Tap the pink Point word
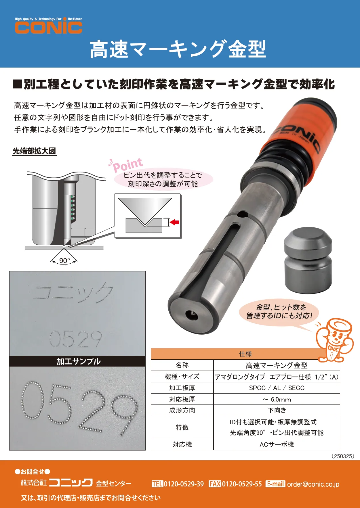tap(127, 165)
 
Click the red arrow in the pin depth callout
tap(174, 222)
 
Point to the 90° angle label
tap(64, 260)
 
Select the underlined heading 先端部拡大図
tap(34, 151)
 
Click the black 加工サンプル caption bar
tap(77, 361)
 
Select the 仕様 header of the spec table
tap(245, 354)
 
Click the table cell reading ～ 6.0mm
tap(277, 399)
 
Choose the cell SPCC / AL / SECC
tap(277, 388)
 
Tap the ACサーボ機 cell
tap(277, 444)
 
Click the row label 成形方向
tap(182, 410)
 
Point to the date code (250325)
tap(343, 456)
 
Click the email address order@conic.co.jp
tap(313, 484)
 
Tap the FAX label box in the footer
tap(215, 484)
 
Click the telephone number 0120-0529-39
tap(184, 484)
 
